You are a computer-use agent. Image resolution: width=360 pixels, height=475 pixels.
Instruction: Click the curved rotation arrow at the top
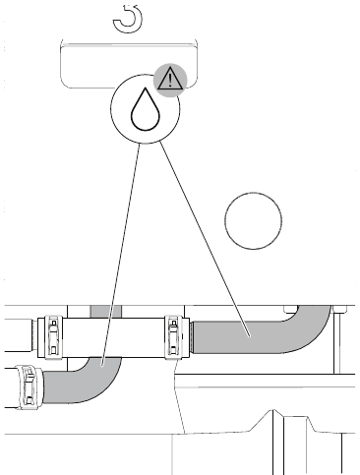(x=127, y=16)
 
